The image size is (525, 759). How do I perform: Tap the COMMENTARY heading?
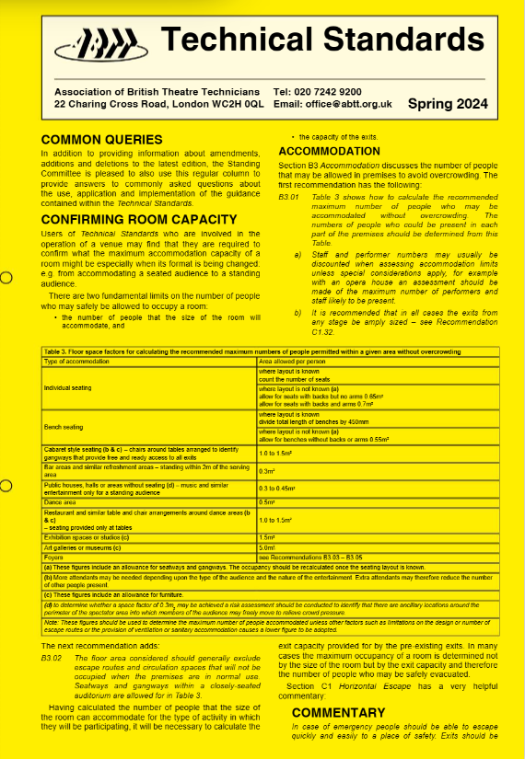338,712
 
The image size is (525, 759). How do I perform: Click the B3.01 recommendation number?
287,197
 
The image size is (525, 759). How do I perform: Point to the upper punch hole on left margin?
5,280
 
